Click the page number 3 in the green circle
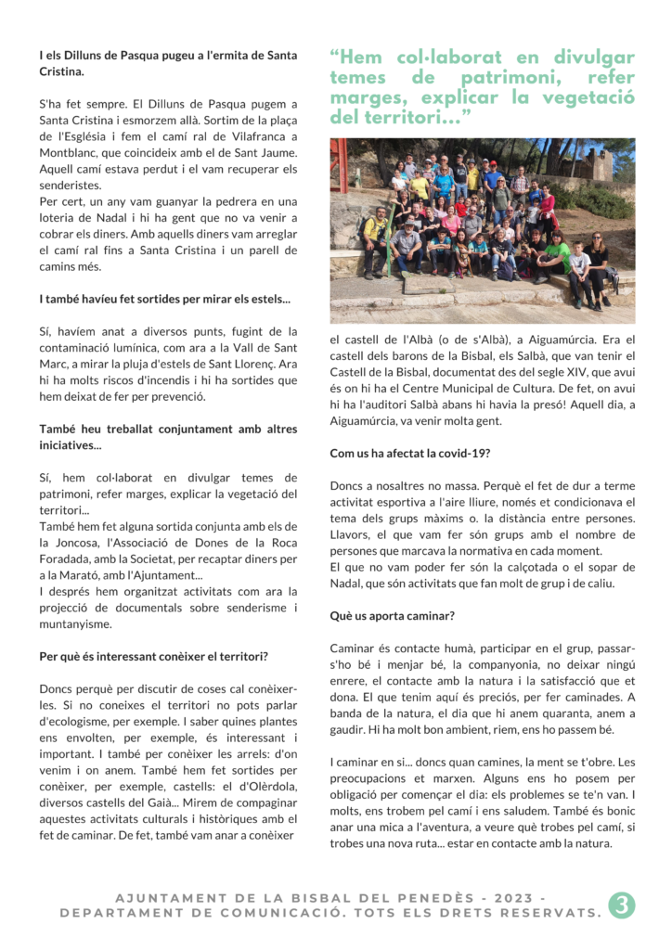click(621, 905)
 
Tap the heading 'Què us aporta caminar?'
click(392, 616)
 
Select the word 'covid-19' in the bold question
click(461, 454)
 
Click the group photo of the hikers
click(483, 231)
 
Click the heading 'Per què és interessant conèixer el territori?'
click(154, 657)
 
